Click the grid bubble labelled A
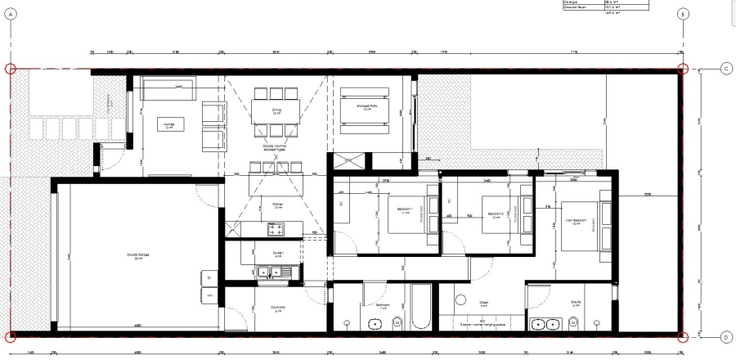pos(11,14)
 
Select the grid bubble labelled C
pos(725,69)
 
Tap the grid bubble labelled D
pos(725,336)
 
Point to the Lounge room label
pos(168,125)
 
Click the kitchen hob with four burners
pos(275,229)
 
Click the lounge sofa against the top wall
pos(168,86)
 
